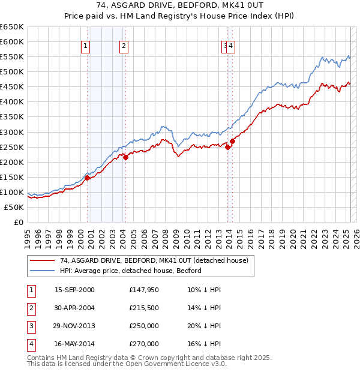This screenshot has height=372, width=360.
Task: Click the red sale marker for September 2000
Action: tap(87, 178)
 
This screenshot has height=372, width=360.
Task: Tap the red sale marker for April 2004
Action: tap(126, 157)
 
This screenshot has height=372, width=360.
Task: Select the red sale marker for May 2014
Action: tap(232, 141)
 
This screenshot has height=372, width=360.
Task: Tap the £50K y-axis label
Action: tap(14, 207)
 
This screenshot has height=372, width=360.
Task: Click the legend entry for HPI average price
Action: tap(130, 271)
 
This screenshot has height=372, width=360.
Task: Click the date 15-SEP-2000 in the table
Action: tap(74, 290)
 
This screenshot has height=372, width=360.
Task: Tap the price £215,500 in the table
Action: tap(144, 308)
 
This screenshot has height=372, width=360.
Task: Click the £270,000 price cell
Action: tap(144, 344)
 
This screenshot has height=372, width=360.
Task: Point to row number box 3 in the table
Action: tap(31, 327)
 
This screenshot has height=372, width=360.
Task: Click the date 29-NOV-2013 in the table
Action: tap(74, 327)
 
